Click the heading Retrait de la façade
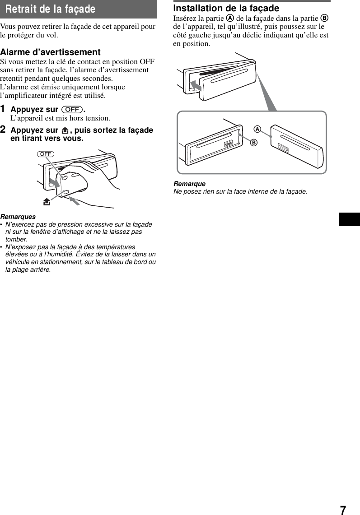click(x=51, y=9)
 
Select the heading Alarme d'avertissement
click(x=50, y=52)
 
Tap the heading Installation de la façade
click(x=226, y=8)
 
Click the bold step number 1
click(x=3, y=109)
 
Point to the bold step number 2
click(x=3, y=130)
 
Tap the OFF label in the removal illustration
click(x=46, y=154)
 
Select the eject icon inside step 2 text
click(x=65, y=130)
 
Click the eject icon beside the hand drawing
click(x=46, y=202)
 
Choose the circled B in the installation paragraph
click(x=324, y=19)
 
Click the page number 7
click(x=343, y=510)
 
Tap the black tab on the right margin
click(x=349, y=219)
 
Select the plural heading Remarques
click(x=18, y=217)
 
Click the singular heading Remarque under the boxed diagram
click(x=189, y=184)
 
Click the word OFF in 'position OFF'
click(x=147, y=61)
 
